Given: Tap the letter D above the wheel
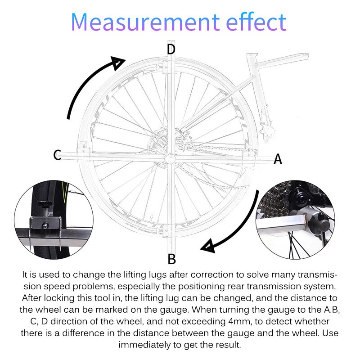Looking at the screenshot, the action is (171, 49).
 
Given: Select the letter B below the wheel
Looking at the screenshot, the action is (171, 259).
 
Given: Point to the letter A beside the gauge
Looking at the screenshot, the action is (278, 159).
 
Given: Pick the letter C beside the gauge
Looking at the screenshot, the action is (57, 155).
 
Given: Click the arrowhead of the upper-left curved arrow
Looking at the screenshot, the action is (118, 63).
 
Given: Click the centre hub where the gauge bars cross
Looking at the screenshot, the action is (171, 157).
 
